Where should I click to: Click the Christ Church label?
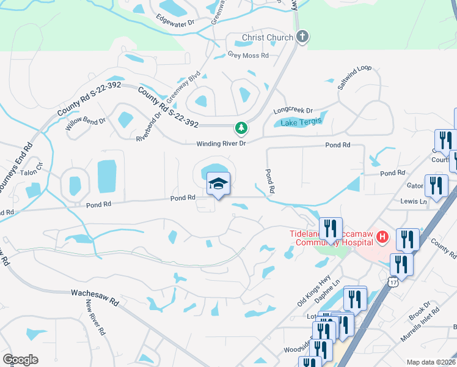(x=268, y=38)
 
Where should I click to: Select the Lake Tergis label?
(x=301, y=122)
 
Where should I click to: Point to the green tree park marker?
(x=242, y=128)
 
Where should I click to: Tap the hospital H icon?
(x=382, y=236)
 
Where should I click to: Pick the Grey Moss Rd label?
(x=248, y=55)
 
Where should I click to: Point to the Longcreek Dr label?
(x=293, y=111)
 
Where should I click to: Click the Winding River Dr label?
(x=221, y=143)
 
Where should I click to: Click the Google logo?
(x=20, y=360)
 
